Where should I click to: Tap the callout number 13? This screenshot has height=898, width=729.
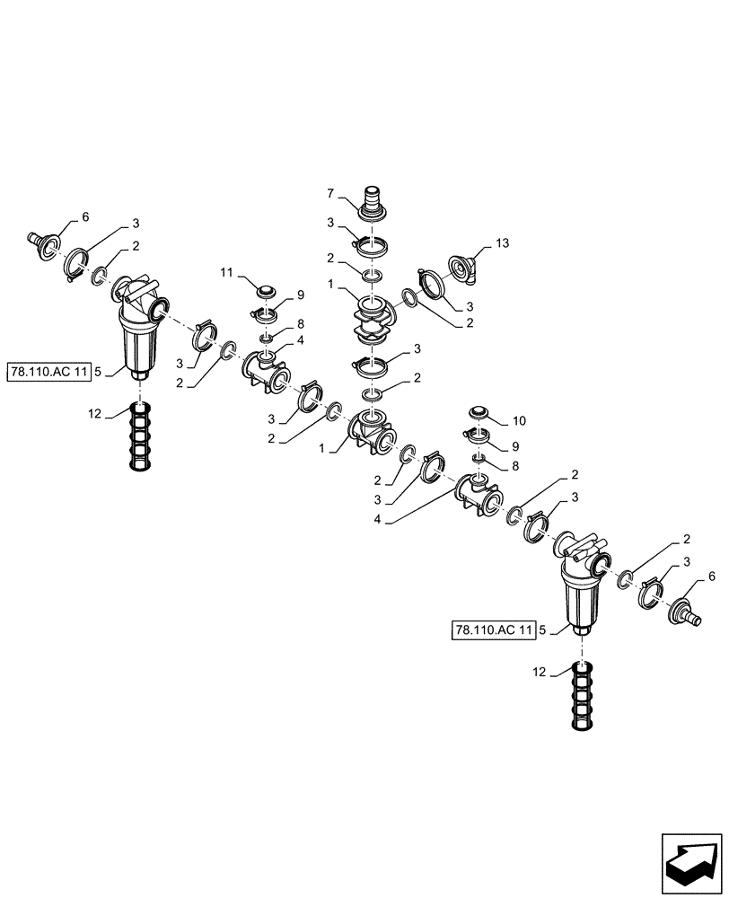tap(501, 245)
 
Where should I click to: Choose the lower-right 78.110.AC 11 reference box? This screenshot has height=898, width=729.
tap(495, 630)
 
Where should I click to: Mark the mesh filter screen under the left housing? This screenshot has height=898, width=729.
tap(141, 436)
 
